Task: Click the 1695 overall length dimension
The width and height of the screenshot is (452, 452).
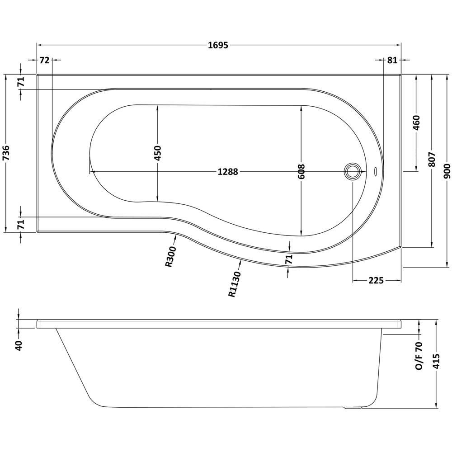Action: coord(218,45)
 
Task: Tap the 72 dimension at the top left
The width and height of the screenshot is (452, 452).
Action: coord(44,60)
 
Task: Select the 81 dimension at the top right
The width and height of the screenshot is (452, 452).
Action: coord(392,60)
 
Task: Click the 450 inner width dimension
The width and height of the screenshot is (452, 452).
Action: coord(157,154)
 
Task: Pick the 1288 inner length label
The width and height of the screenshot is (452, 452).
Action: coord(228,172)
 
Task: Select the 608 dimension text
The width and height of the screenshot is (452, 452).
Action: coord(302,171)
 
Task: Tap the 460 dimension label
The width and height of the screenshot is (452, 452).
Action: coord(416,123)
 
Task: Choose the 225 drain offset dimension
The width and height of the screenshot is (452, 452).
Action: coord(376,281)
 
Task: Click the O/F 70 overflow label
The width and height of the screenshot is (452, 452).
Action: coord(419,356)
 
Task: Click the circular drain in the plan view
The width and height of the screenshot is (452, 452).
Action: coord(353,171)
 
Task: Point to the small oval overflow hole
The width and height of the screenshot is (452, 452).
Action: coord(376,171)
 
